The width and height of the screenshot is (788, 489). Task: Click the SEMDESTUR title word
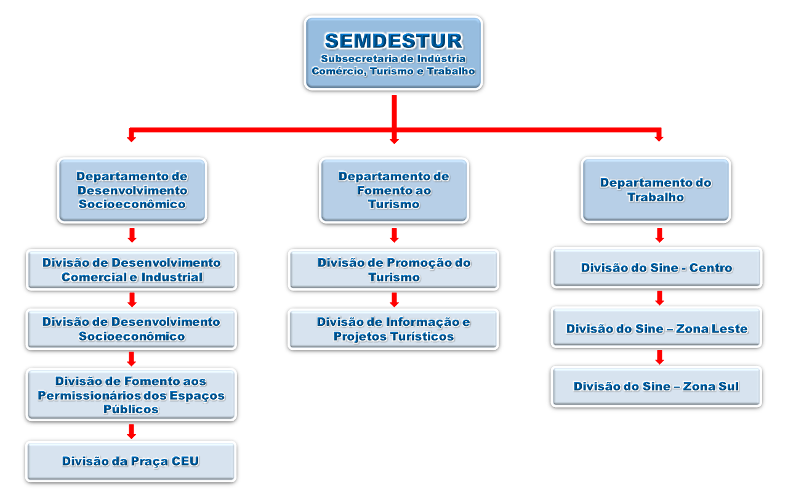tap(393, 41)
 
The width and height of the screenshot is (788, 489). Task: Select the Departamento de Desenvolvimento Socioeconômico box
tap(132, 190)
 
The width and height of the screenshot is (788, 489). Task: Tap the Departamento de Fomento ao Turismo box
tap(394, 190)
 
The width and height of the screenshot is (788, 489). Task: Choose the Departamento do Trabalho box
tap(656, 190)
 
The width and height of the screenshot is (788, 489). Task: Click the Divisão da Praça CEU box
tap(131, 461)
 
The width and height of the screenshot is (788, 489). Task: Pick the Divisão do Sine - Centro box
tap(656, 268)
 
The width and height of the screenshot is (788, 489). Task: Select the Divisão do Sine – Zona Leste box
tap(656, 328)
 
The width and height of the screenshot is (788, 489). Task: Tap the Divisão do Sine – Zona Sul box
tap(656, 386)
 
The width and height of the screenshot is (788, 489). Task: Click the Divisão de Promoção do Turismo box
tap(393, 270)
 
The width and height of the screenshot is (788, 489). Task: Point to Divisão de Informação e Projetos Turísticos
tap(393, 329)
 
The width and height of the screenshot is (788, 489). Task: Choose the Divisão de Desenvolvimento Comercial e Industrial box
tap(132, 270)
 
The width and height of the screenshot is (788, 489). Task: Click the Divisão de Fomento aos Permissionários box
tap(131, 395)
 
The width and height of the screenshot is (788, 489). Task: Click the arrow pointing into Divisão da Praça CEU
tap(131, 432)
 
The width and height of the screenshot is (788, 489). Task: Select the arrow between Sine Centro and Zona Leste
tap(659, 297)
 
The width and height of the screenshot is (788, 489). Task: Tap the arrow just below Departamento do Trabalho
tap(659, 235)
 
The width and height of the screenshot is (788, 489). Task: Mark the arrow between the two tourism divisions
tap(395, 299)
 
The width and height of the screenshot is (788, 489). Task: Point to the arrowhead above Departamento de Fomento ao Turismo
tap(395, 140)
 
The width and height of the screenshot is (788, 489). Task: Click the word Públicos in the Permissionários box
tap(131, 409)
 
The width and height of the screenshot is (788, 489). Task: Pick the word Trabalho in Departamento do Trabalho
tap(656, 197)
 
